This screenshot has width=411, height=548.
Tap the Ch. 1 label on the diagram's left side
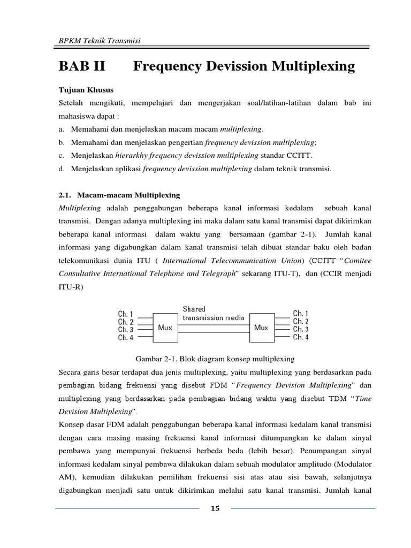[x=126, y=314]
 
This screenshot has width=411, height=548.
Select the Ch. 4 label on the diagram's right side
[x=301, y=337]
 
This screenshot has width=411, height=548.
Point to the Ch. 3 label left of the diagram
[x=126, y=330]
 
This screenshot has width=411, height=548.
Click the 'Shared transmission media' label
[x=213, y=314]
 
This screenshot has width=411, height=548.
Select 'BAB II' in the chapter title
[x=83, y=66]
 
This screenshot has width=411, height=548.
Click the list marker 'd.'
[x=62, y=169]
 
